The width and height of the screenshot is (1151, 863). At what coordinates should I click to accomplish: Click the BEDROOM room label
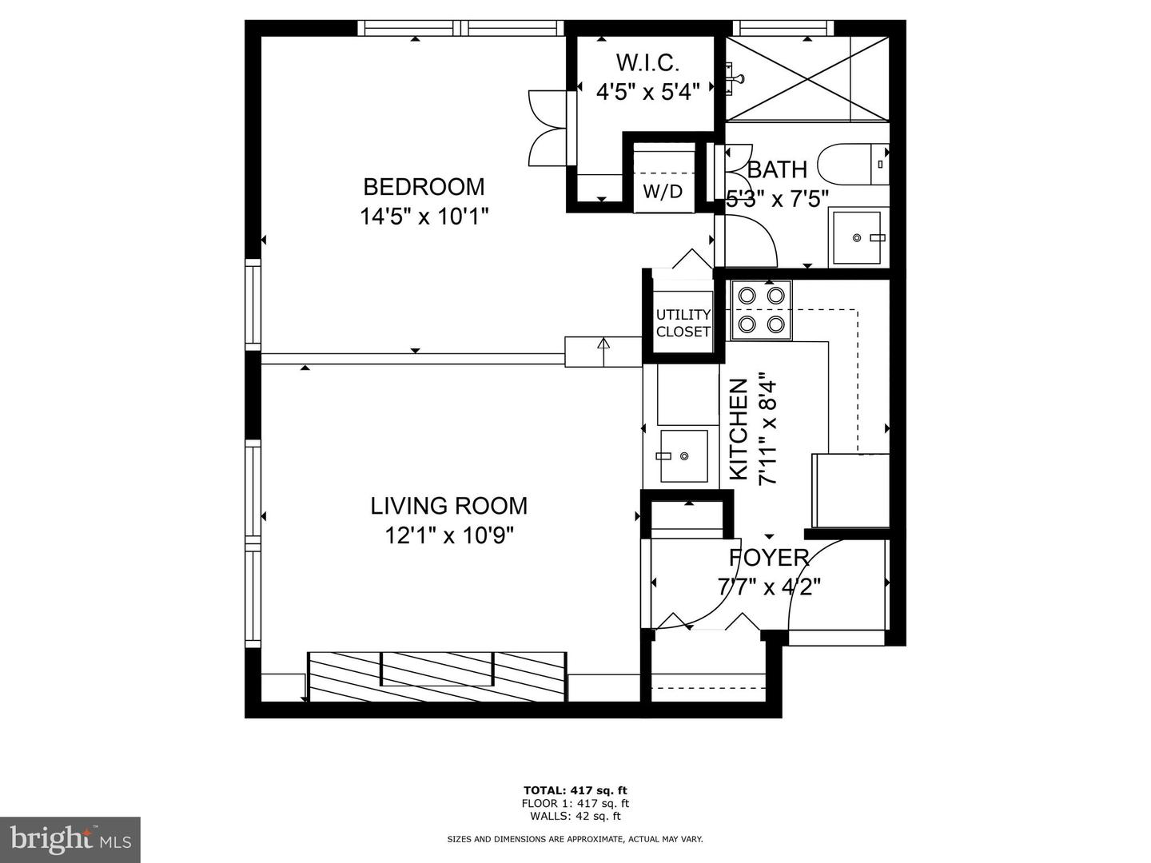click(424, 187)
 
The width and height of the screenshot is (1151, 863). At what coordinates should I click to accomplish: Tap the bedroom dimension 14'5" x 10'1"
click(424, 217)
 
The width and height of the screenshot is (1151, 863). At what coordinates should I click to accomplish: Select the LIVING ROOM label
click(448, 506)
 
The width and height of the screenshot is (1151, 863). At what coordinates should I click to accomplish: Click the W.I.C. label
click(647, 62)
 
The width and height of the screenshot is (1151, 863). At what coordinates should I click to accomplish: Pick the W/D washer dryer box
click(663, 191)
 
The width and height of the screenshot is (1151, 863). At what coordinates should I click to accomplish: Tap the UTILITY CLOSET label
click(683, 323)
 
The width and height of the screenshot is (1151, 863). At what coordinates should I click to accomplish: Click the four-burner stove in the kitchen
click(761, 310)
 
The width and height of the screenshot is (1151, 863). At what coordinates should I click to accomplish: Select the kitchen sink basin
click(683, 456)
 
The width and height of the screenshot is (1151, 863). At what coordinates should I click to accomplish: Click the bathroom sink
click(857, 237)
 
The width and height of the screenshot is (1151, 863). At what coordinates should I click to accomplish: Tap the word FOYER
click(769, 558)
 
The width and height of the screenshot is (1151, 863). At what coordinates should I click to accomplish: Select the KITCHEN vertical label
click(738, 429)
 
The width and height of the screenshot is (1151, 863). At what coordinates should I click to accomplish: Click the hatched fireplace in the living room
click(437, 676)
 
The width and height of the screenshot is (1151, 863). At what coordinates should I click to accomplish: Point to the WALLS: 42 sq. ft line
click(575, 816)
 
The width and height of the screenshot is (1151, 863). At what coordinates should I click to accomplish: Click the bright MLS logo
click(70, 839)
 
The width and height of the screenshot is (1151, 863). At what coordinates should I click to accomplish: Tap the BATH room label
click(777, 170)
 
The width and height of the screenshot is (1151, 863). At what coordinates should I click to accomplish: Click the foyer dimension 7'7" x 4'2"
click(769, 587)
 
